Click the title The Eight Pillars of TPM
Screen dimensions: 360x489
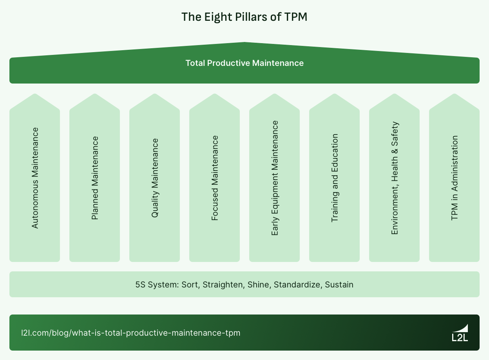244,17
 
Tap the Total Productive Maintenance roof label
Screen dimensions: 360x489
244,63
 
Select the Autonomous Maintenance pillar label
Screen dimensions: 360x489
35,178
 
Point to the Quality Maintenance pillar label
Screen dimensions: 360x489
155,178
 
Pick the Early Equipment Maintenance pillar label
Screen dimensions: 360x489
275,178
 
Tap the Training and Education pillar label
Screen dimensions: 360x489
335,178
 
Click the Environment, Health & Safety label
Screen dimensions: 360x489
395,178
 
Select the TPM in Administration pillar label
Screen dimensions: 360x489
455,178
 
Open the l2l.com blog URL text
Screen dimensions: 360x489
130,333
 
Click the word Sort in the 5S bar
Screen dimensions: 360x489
190,285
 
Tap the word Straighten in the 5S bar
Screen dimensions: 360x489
223,285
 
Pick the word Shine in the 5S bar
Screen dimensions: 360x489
258,285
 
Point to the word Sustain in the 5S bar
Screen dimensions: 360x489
339,285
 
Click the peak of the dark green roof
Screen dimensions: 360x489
244,43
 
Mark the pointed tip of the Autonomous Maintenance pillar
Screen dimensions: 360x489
35,95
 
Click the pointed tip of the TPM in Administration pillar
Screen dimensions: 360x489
455,95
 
